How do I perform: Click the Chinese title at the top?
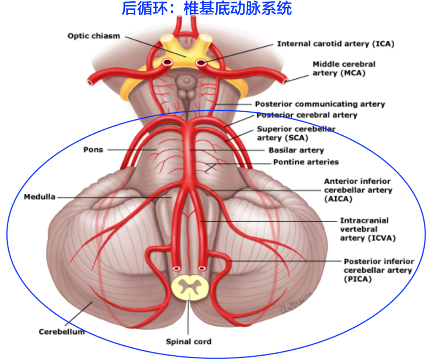tap(206, 8)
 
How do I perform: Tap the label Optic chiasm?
tap(93, 36)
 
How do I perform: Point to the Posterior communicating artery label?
tap(320, 104)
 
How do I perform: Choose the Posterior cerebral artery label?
tap(306, 115)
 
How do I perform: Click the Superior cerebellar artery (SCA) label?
tap(296, 133)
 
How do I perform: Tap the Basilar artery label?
tap(296, 150)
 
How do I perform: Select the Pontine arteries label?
tap(306, 162)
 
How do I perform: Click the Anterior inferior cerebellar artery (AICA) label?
tap(358, 190)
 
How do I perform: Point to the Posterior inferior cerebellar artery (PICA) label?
tap(379, 270)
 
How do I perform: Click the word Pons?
tap(93, 150)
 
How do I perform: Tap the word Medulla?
tap(40, 197)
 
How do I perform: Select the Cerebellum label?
tap(61, 332)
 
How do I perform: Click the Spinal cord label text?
tap(188, 342)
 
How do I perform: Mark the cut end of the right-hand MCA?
tap(285, 81)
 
